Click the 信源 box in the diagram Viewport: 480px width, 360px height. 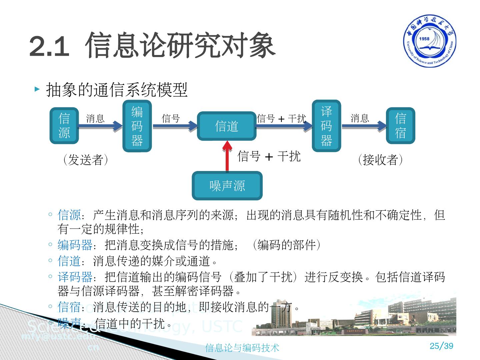click(64, 126)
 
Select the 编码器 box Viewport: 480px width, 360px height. click(137, 126)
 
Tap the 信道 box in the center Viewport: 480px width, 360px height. click(227, 126)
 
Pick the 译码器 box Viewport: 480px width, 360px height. click(326, 126)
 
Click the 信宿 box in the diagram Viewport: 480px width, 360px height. click(400, 126)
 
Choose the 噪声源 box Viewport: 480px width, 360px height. click(227, 186)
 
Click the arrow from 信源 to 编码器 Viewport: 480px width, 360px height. click(100, 126)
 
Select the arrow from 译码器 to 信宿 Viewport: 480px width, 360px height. click(363, 126)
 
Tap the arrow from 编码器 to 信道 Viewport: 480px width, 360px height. click(175, 126)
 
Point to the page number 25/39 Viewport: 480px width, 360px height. click(441, 346)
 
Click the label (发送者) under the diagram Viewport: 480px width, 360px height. click(86, 160)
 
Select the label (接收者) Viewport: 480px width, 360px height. click(380, 160)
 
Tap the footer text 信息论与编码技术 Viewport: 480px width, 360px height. click(242, 348)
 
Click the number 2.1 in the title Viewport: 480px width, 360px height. click(49, 46)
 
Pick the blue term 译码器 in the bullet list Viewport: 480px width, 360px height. click(75, 277)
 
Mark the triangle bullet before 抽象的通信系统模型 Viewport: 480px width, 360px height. click(37, 89)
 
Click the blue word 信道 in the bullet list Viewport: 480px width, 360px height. click(69, 261)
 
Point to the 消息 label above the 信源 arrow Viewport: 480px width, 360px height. click(95, 118)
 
